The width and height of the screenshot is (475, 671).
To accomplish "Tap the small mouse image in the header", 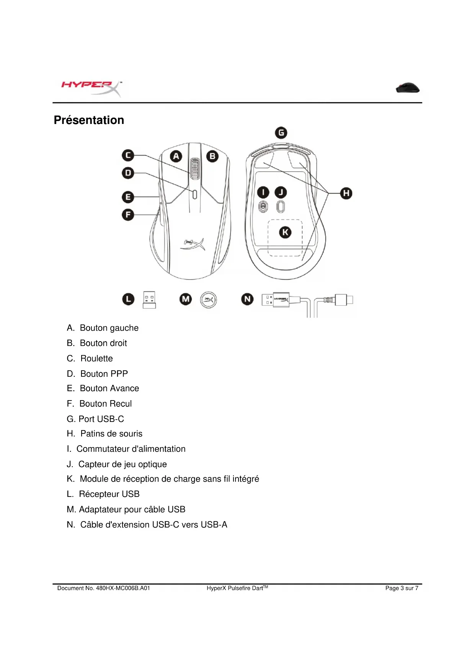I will pos(408,88).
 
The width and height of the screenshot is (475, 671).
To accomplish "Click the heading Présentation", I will pos(89,120).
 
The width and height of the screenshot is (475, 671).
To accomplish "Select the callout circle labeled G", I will pos(281,133).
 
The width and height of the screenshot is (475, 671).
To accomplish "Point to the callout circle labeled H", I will pos(346,193).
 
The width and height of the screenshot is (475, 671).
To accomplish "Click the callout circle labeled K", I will pos(285,232).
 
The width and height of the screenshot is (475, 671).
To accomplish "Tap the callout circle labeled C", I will pos(128,155).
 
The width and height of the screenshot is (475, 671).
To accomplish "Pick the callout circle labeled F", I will pos(128,215).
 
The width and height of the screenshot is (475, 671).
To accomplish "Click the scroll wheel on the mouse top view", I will pos(194,169).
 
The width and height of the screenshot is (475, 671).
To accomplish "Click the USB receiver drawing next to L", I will pos(149,300).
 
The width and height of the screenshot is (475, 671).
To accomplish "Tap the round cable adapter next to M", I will pos(209,300).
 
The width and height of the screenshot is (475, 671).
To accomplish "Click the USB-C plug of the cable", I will pos(343,300).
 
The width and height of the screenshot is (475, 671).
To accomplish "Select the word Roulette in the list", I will pos(97,358).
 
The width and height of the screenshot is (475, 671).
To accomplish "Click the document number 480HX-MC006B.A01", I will pos(123,588).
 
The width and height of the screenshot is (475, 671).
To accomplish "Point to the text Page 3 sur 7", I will pos(402,588).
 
